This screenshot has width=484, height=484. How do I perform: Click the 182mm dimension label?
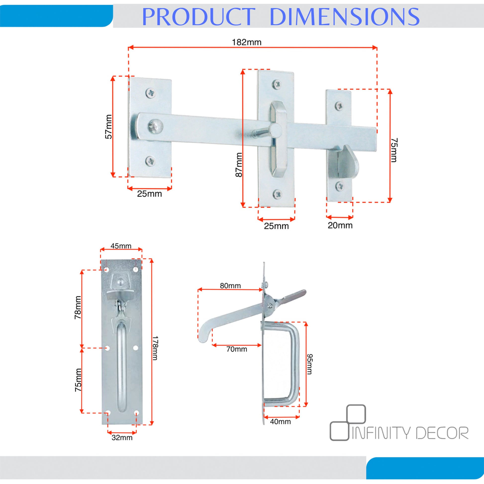point(246,42)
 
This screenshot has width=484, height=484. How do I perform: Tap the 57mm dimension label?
point(108,127)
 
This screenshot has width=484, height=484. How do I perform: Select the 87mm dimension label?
point(239,165)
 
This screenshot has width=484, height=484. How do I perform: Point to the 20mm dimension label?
point(340,226)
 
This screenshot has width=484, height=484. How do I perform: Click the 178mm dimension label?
point(155,348)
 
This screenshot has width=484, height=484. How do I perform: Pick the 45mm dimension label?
point(121,246)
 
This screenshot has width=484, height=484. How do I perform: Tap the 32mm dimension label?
point(122,438)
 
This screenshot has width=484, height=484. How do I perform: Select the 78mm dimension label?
point(78,308)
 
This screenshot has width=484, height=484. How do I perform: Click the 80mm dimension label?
point(231,286)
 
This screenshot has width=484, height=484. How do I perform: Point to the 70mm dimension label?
point(237,349)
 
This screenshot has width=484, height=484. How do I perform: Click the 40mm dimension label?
point(280,422)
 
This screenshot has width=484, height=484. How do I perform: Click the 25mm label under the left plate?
point(149,194)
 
